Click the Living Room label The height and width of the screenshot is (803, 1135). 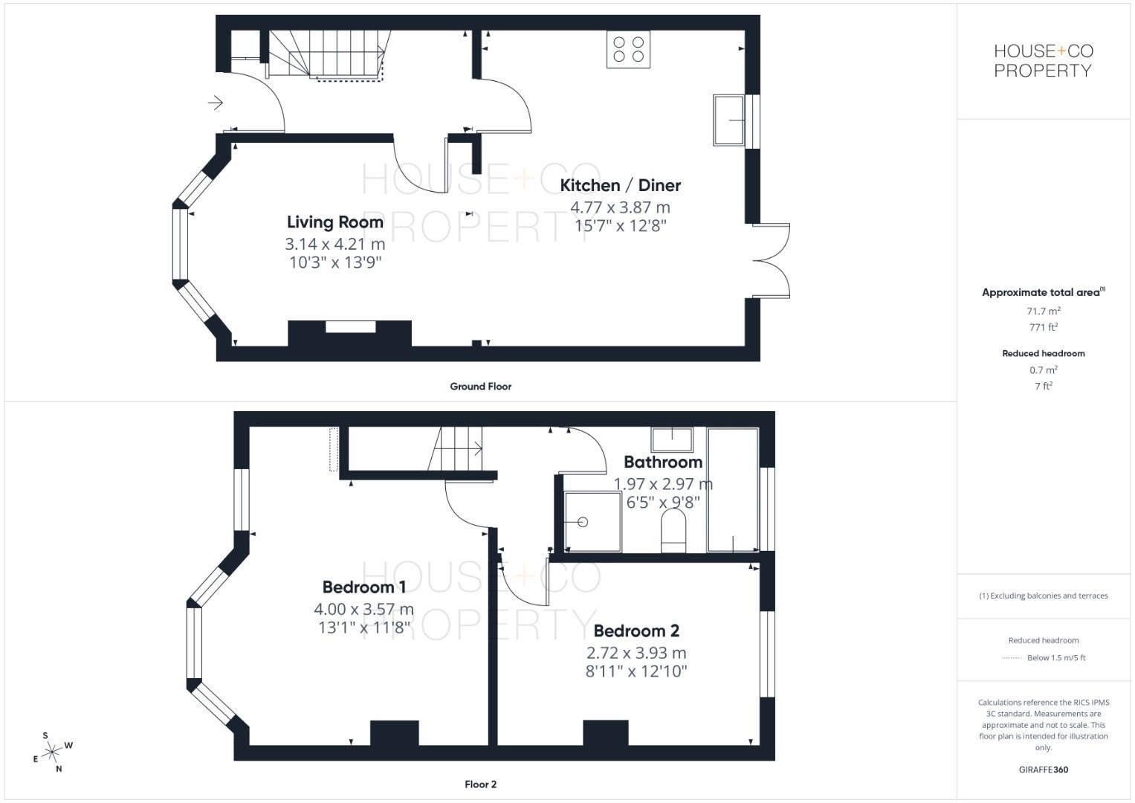(335, 222)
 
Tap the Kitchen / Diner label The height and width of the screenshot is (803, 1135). (620, 185)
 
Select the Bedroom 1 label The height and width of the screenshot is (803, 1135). (364, 587)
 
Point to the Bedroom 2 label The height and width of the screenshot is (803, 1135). (636, 631)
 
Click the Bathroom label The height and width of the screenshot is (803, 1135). (663, 462)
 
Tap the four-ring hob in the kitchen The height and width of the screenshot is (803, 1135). (628, 49)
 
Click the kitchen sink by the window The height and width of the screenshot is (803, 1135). (729, 120)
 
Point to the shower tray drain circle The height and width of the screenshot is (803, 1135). (583, 522)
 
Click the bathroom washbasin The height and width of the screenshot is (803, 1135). (672, 439)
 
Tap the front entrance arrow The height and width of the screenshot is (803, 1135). (216, 102)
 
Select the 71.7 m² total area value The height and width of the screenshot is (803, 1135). (1043, 312)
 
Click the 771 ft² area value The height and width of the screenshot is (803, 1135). (1043, 327)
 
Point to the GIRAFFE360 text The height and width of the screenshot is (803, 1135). (1043, 770)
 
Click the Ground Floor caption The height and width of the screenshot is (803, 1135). (480, 387)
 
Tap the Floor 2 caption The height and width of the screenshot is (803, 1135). (480, 784)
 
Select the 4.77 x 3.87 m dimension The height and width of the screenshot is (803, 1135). (620, 207)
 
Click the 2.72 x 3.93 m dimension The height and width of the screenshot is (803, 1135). (636, 653)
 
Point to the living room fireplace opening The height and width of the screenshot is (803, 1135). (350, 326)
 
